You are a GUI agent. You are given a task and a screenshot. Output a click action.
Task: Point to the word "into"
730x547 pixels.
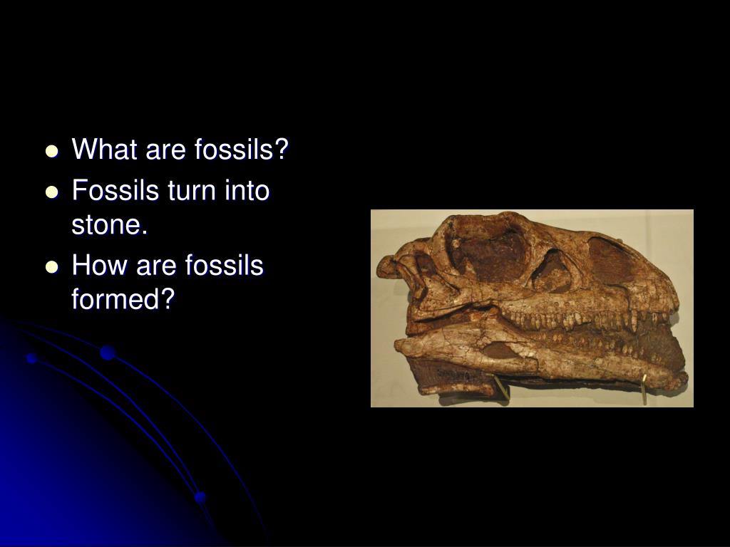tap(247, 192)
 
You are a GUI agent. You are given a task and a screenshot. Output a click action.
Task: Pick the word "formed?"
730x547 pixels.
tap(123, 300)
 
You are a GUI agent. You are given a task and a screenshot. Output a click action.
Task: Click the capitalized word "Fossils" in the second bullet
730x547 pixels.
tap(115, 192)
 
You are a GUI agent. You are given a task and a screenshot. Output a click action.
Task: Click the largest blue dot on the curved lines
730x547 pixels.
tap(108, 352)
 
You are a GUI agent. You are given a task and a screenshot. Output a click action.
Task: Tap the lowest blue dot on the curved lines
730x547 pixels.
tap(200, 496)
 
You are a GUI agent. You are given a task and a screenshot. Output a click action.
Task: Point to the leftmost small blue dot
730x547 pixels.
tap(31, 358)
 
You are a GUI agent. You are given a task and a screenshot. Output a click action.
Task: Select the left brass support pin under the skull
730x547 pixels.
tap(501, 388)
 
